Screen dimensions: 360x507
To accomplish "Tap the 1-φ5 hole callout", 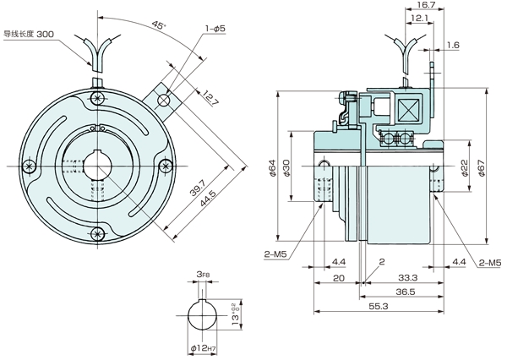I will coord(212,30).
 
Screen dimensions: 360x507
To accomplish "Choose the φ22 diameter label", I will coord(464,166).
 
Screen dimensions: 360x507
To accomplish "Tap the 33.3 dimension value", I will coord(406,276).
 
